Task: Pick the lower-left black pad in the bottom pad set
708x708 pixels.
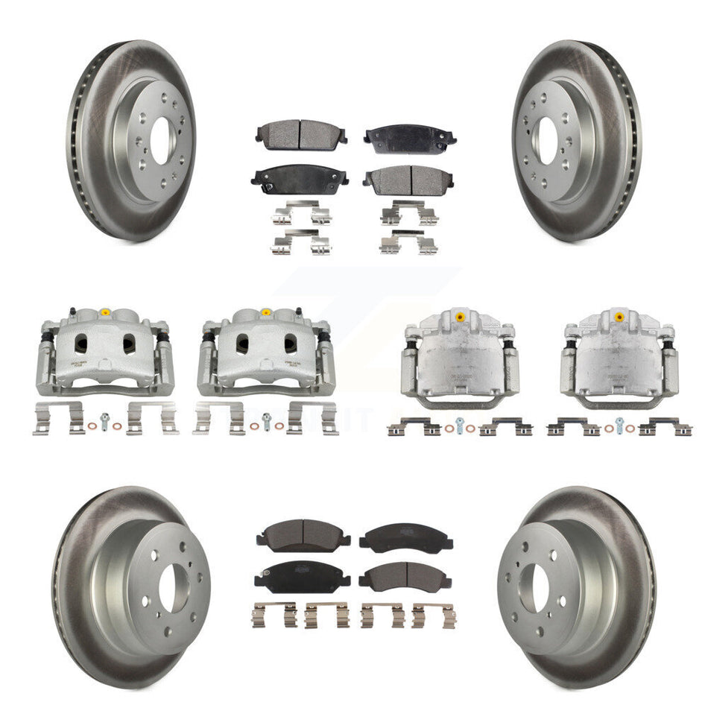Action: point(302,573)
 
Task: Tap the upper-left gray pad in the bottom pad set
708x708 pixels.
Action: point(302,534)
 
